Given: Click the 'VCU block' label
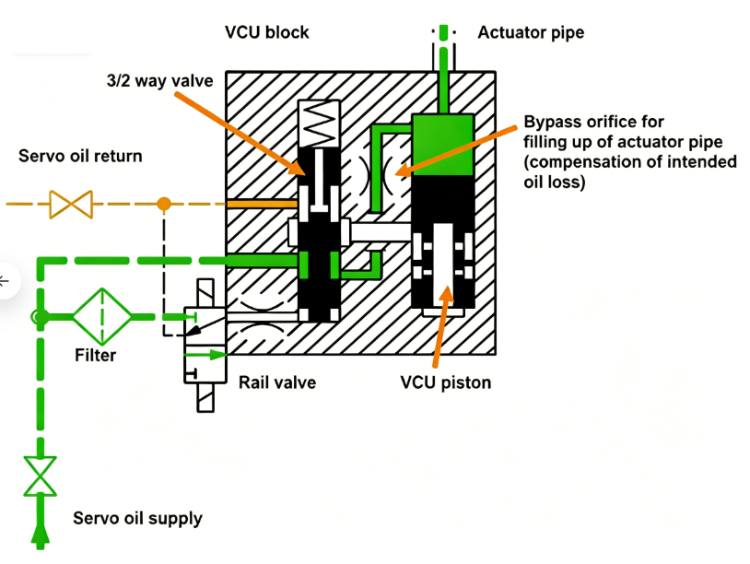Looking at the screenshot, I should point(267,32).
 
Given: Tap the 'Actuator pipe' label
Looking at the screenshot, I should point(531,32).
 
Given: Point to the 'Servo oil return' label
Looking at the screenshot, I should point(80,156).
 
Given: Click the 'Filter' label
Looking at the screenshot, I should point(96,354).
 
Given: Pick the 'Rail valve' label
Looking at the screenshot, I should point(277,382).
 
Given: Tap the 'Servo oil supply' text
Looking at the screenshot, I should point(137,518).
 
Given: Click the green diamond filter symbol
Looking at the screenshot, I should point(101,316).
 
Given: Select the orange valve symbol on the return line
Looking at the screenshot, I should point(71,203).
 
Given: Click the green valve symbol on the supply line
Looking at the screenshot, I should point(40,476).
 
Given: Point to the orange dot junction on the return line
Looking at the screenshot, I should point(163,203).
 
